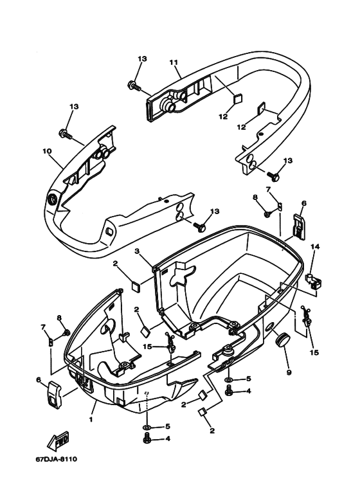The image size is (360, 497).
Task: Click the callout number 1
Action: [x=91, y=420]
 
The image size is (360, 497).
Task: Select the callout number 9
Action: [x=288, y=372]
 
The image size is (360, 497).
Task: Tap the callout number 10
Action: [x=47, y=152]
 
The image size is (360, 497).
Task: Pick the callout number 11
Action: [x=173, y=62]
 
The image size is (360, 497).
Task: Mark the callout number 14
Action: [x=315, y=246]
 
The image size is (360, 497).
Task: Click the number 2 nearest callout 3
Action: [x=115, y=264]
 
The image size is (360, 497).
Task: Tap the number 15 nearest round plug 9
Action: [x=313, y=352]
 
